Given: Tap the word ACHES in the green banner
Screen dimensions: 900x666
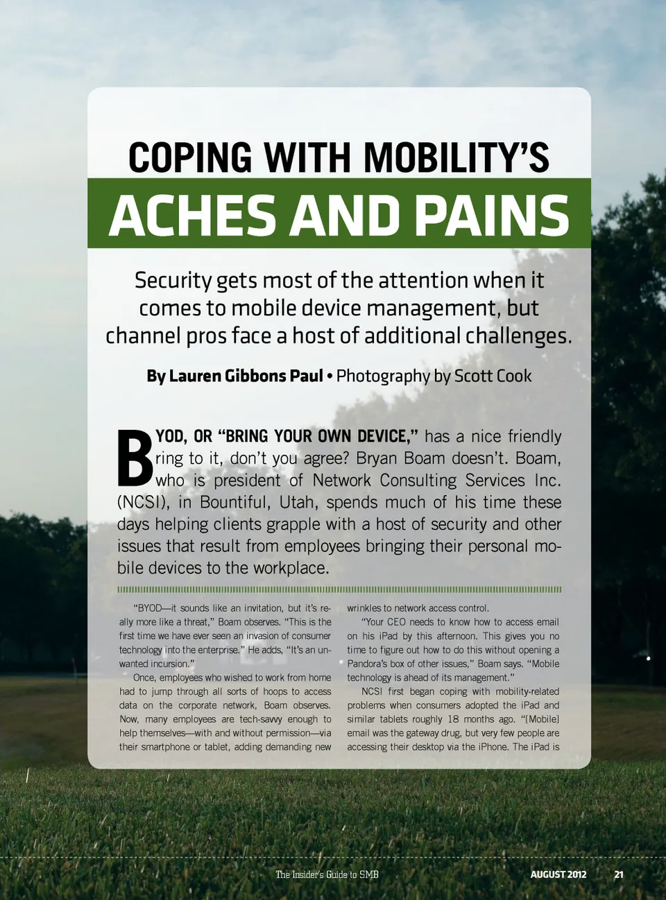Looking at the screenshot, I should click(x=192, y=215).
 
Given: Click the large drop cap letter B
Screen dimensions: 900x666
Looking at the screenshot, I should click(x=135, y=458).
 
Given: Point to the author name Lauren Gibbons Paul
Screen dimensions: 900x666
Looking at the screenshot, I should click(x=234, y=376).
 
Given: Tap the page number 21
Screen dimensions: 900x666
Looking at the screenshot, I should click(x=618, y=874).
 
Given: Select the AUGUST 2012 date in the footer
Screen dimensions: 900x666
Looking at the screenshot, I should click(x=558, y=874).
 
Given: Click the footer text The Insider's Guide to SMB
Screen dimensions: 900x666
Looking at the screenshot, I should click(x=327, y=874).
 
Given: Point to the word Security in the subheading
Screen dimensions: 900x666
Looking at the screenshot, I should click(x=173, y=280).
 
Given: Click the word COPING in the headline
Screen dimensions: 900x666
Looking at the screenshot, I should click(x=190, y=157).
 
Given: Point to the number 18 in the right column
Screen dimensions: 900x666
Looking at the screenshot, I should click(x=453, y=719).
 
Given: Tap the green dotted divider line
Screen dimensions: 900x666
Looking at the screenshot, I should click(x=339, y=589).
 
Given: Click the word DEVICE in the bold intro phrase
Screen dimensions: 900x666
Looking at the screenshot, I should click(x=386, y=436).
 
